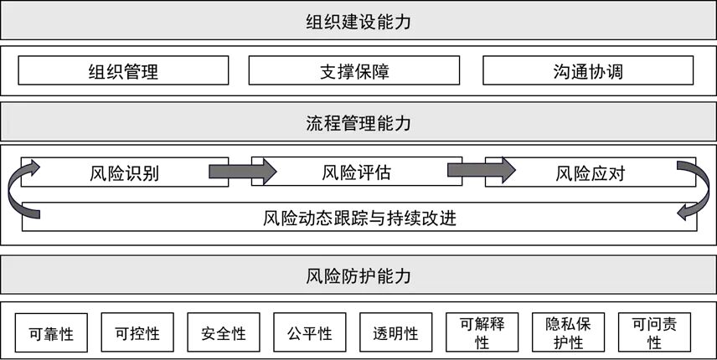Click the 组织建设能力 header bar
tap(358, 20)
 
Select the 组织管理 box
tap(123, 71)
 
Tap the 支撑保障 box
tap(354, 71)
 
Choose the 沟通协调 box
tap(588, 71)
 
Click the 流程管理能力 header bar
tap(358, 124)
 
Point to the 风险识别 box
tap(126, 173)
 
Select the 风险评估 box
tap(355, 173)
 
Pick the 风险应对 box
tap(590, 173)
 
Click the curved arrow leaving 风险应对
tap(694, 189)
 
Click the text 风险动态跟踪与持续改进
tap(358, 219)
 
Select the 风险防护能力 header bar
tap(358, 275)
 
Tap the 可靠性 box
tap(51, 333)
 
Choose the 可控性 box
tap(137, 333)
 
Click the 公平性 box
tap(309, 333)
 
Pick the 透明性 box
tap(395, 333)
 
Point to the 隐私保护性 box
tap(568, 333)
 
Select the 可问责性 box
tap(654, 333)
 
